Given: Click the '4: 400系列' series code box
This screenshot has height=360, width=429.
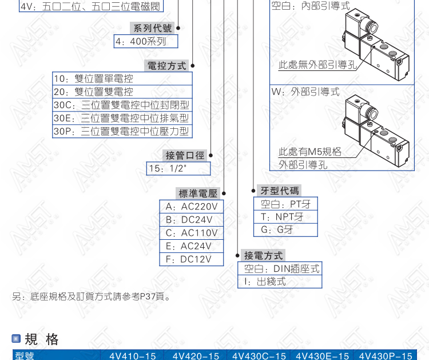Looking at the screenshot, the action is [x=146, y=41].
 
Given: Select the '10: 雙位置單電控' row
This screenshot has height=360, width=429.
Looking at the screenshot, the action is [x=122, y=78].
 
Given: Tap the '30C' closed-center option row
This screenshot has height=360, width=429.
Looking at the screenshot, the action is [x=122, y=105].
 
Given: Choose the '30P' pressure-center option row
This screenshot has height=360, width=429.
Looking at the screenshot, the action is [x=122, y=131].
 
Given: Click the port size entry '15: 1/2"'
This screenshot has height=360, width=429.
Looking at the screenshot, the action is [x=178, y=168].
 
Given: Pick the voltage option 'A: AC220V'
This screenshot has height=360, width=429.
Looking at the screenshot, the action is [x=192, y=207].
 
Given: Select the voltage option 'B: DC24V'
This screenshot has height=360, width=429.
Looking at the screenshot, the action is [x=192, y=220].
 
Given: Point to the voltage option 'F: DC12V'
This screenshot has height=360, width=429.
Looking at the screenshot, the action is [x=192, y=259].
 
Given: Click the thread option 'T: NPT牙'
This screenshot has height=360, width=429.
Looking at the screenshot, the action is [x=285, y=217].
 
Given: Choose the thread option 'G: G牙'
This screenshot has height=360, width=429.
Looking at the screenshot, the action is [x=285, y=230].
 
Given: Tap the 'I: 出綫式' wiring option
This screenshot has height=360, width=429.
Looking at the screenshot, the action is [x=280, y=282].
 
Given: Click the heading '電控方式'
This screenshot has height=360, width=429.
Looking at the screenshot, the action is [x=166, y=66].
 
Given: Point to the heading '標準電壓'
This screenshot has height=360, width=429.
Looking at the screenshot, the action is [x=198, y=193].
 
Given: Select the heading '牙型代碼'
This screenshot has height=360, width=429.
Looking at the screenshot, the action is [x=279, y=191].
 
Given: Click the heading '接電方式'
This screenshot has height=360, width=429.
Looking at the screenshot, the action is [x=263, y=255].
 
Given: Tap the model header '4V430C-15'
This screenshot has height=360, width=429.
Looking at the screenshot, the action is [x=259, y=356].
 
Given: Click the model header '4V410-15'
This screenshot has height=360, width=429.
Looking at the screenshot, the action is [x=133, y=356].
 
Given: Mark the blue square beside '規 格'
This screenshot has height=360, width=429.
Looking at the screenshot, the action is [x=16, y=339].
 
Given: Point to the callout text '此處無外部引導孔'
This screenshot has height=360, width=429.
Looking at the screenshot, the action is [x=317, y=65].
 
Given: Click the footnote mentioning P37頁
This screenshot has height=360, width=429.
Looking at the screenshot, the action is [x=92, y=296].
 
